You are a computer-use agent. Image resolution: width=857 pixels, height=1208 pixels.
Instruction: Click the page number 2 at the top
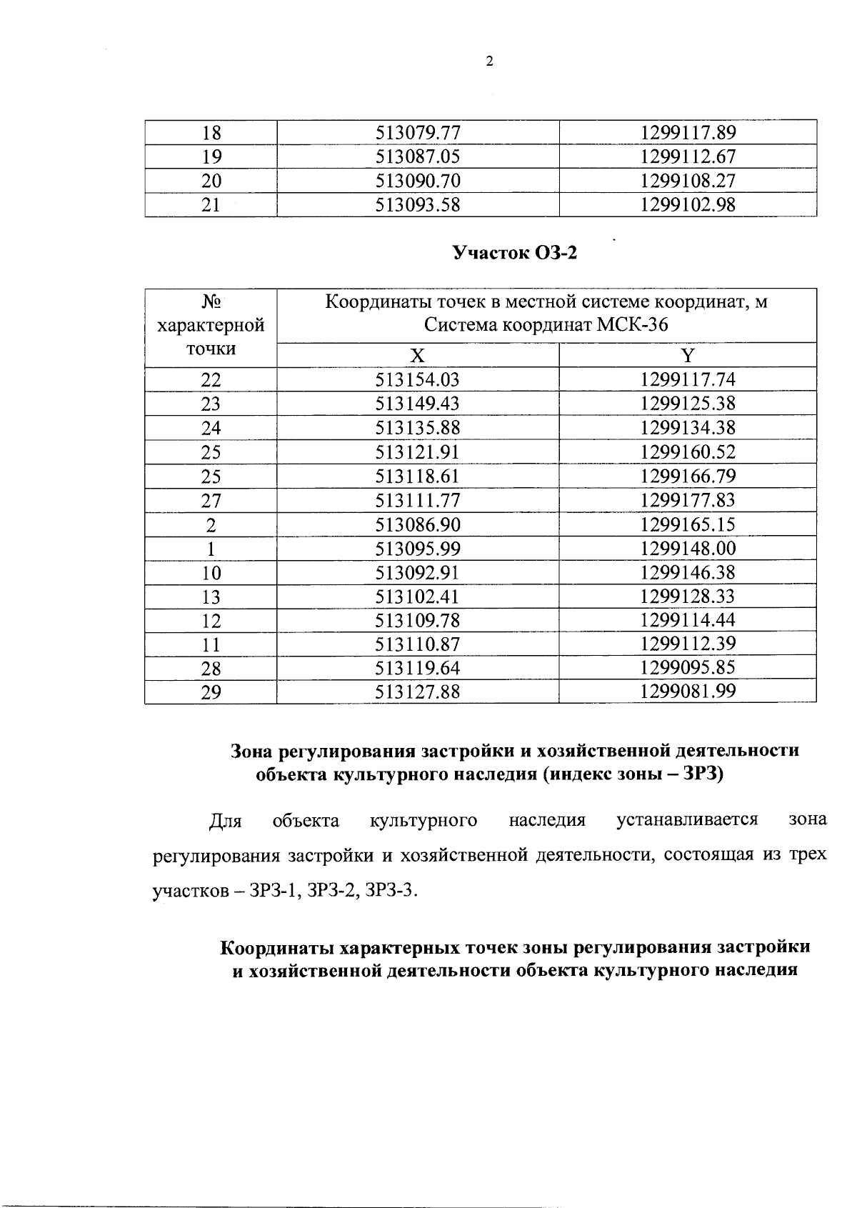[489, 62]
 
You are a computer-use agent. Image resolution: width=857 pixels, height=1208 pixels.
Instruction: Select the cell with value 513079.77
[418, 133]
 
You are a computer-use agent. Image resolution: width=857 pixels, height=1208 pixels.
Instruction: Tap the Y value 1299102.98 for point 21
[688, 205]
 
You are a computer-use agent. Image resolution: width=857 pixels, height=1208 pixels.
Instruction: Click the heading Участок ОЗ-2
[514, 253]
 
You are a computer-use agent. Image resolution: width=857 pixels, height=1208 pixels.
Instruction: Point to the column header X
[418, 356]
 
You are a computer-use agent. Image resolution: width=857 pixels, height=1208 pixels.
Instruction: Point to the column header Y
[688, 356]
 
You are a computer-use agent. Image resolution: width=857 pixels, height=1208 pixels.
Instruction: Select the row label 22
[211, 380]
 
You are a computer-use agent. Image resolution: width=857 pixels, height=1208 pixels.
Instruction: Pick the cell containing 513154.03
[418, 380]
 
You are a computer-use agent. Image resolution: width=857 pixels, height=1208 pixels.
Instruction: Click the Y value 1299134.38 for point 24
[688, 428]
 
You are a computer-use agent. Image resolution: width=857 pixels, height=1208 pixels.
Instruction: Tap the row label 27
[211, 500]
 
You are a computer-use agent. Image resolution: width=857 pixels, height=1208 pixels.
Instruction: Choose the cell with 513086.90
[418, 524]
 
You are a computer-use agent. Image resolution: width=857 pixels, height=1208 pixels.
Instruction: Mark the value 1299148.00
[688, 549]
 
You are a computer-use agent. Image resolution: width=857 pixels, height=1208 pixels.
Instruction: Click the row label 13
[211, 596]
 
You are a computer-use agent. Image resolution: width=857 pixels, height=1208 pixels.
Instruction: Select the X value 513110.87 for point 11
[418, 644]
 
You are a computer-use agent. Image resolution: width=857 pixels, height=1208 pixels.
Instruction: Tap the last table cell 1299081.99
[688, 692]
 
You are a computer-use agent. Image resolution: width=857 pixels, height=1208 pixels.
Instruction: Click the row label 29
[211, 692]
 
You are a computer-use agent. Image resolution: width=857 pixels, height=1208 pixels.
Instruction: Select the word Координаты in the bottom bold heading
[276, 948]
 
